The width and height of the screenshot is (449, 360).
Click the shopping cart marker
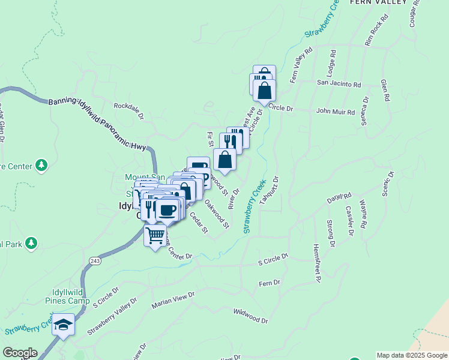click(155, 235)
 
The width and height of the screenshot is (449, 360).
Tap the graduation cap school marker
click(63, 325)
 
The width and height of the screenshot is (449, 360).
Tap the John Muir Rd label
click(336, 112)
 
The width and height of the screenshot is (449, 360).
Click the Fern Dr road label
click(269, 282)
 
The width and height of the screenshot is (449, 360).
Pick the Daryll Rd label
click(339, 196)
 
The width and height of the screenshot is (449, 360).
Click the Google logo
click(20, 353)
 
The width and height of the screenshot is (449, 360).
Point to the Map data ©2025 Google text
click(412, 355)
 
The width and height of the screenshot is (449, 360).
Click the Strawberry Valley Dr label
click(112, 316)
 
